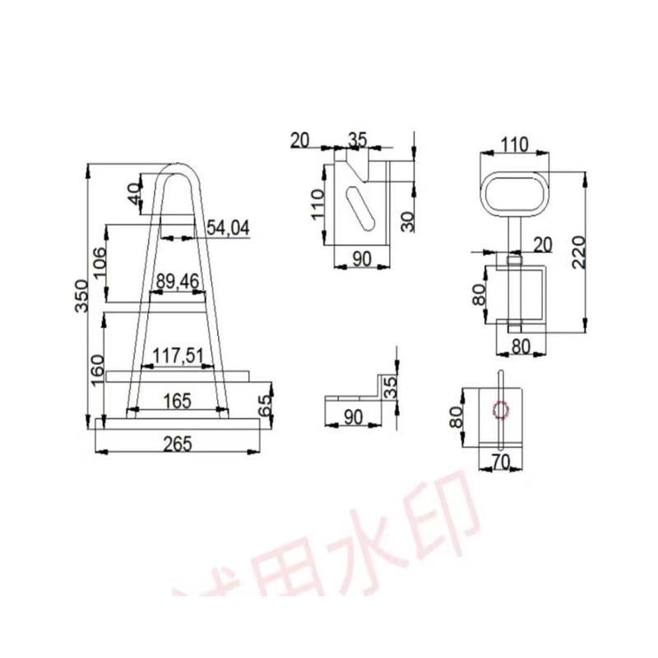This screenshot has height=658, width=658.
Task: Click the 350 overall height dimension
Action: (80, 294)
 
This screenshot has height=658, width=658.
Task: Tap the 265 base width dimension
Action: (177, 444)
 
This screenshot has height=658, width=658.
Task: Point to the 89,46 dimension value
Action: (177, 282)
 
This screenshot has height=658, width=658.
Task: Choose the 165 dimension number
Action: (177, 401)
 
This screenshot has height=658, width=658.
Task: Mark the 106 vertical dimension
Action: (100, 263)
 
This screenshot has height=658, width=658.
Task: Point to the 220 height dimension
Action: (579, 251)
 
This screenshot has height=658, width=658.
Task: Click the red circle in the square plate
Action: (499, 409)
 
